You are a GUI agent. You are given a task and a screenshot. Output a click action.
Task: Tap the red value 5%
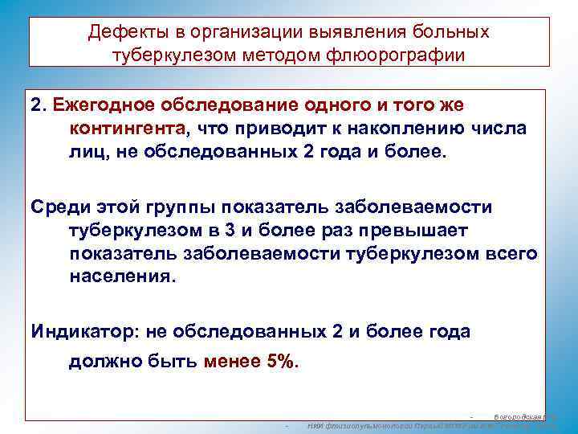coord(282,361)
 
